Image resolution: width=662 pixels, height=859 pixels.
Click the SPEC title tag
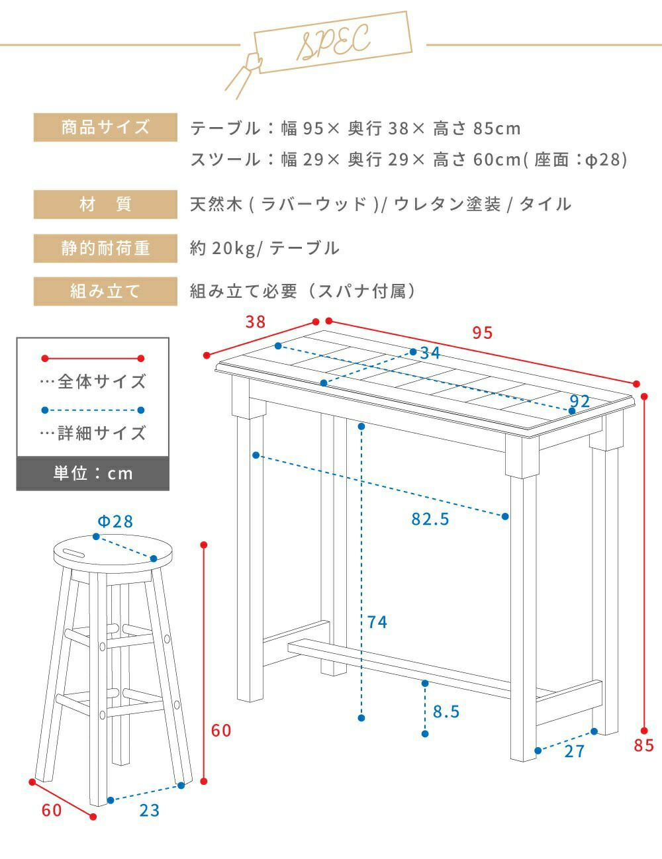coord(332,42)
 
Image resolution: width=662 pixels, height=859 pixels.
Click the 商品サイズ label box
coord(105,127)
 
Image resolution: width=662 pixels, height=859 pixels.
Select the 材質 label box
coord(105,204)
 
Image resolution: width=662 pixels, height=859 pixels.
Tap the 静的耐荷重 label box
coord(105,248)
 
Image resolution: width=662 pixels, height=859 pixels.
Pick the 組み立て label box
coord(105,291)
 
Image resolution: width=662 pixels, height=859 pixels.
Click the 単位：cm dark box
coord(93,473)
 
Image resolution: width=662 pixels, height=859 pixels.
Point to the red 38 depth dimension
coord(255,322)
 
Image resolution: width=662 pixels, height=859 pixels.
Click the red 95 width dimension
coord(483,333)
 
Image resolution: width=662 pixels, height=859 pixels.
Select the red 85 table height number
coord(644,745)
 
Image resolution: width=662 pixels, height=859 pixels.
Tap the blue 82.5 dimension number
coord(430,519)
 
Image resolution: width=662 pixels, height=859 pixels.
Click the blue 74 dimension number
coord(377,622)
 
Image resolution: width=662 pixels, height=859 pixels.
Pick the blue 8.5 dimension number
coord(446,711)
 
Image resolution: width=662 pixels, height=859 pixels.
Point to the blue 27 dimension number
coord(575,752)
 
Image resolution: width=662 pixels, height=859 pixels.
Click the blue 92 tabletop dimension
coord(580,401)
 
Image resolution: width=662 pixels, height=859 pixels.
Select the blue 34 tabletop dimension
coord(430,353)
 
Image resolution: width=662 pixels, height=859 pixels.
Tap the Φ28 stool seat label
coord(115,521)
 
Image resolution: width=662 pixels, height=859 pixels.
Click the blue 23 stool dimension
coord(150,811)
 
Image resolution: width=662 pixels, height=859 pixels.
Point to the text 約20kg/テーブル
coord(264,248)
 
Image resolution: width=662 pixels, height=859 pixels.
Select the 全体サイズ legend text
coord(102,381)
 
